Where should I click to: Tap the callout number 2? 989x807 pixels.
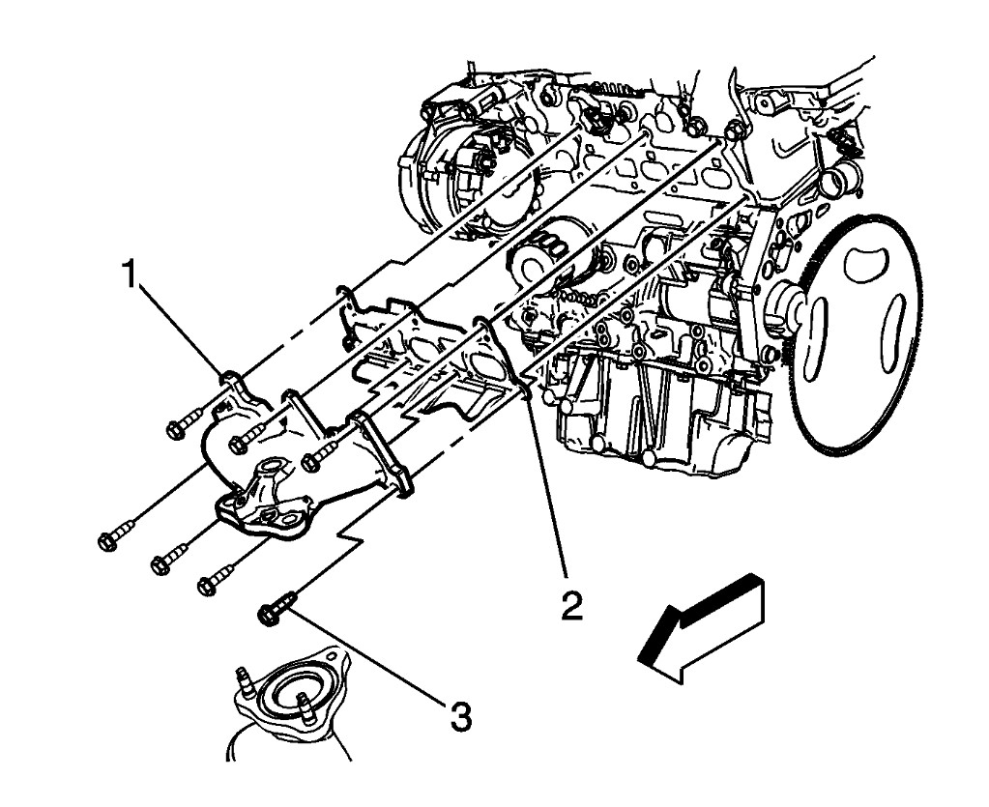pos(571,605)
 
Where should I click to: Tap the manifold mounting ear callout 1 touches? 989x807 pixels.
pos(232,378)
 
